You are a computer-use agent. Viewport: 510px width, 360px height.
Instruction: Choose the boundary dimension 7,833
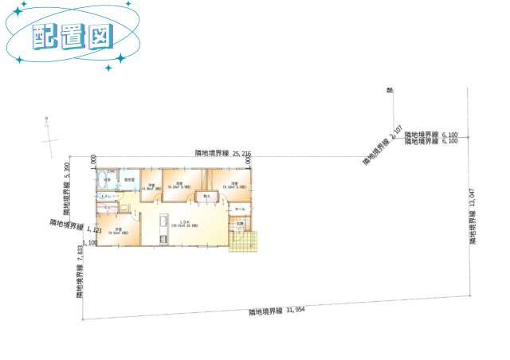[x=80, y=272]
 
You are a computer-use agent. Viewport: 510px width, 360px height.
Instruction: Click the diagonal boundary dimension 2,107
[x=380, y=148]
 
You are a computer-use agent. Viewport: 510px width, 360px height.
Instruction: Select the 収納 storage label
[x=206, y=196]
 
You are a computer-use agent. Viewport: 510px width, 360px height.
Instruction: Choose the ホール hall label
[x=240, y=209]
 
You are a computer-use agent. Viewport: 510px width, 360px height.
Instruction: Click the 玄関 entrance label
[x=238, y=223]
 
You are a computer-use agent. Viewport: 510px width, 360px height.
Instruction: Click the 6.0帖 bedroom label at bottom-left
[x=117, y=231]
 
